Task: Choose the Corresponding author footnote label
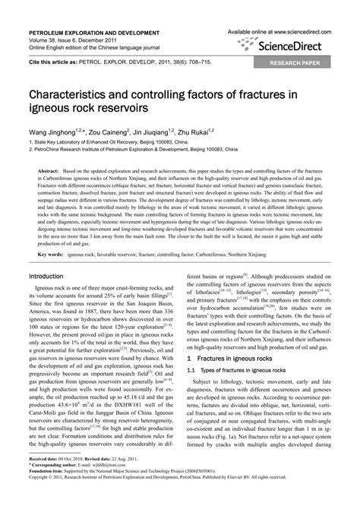pos(53,486)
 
